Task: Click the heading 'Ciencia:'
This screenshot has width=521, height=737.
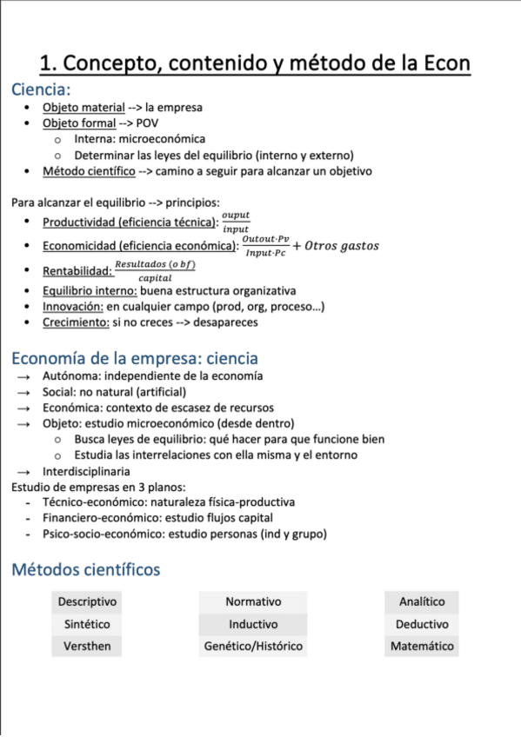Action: (41, 90)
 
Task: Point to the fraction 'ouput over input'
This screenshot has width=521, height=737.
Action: (235, 222)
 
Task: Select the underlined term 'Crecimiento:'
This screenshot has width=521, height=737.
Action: (76, 322)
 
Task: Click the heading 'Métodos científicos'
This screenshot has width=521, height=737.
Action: (85, 570)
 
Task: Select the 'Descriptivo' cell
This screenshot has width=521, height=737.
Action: (87, 601)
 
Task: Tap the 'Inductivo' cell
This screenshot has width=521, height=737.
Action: (253, 624)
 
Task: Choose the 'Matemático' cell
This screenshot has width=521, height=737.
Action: (422, 647)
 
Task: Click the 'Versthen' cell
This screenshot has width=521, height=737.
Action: (87, 647)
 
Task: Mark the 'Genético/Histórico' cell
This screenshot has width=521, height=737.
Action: (253, 647)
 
